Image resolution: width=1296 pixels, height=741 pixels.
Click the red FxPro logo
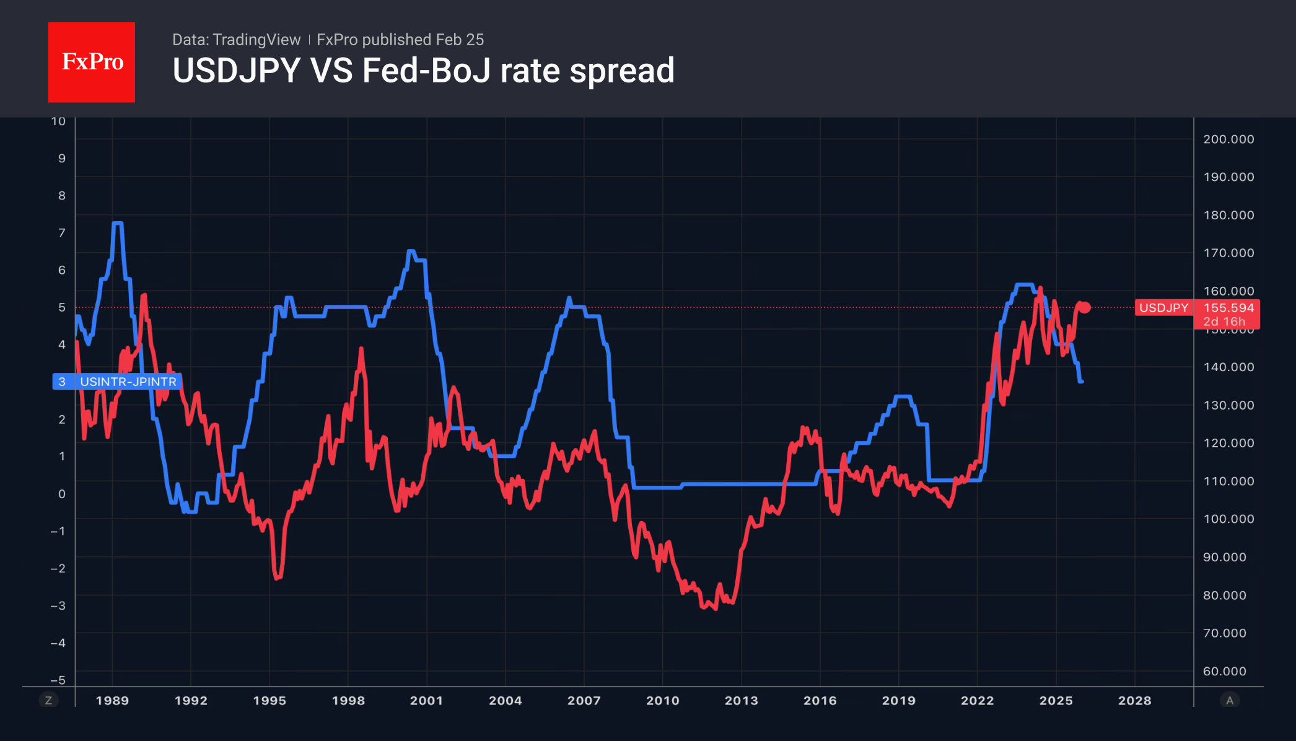[92, 62]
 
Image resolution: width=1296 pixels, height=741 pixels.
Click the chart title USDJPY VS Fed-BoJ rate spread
[423, 71]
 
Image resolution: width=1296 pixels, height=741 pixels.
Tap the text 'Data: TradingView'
[236, 40]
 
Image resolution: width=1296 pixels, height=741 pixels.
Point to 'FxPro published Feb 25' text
[400, 40]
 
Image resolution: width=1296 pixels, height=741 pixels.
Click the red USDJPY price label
[1163, 308]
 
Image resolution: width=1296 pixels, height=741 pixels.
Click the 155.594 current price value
[1228, 308]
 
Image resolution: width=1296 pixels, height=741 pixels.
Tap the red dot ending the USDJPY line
[1085, 307]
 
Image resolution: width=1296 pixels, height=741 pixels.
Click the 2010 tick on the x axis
[662, 701]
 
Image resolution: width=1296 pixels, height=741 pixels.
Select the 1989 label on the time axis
[112, 701]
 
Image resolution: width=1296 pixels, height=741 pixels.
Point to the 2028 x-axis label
[1134, 701]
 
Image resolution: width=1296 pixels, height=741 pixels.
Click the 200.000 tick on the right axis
[1228, 139]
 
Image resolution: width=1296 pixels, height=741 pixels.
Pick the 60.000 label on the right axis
[1224, 671]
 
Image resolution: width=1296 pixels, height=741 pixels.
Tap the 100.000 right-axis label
[1228, 519]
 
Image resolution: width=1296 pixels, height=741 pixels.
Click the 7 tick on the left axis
[62, 233]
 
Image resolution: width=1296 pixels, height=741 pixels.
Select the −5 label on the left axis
[58, 680]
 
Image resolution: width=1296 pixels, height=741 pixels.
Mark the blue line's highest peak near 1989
[117, 223]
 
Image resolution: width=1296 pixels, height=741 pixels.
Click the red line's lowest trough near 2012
[715, 609]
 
